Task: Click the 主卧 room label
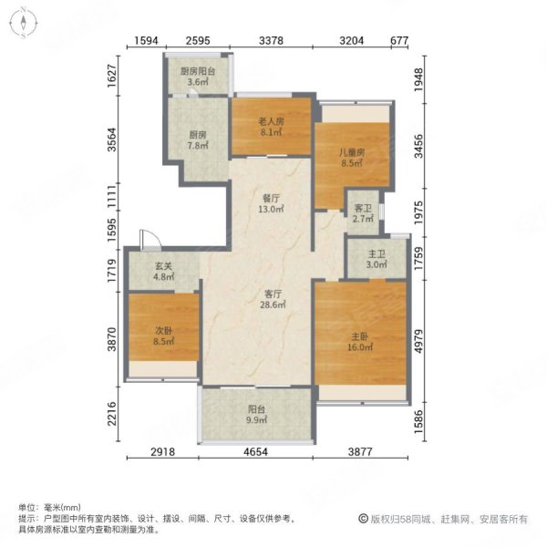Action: coord(357,335)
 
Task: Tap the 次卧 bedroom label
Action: coord(163,329)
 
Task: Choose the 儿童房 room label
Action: coord(352,152)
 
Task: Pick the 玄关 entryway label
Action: coord(163,266)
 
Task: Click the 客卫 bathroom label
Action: coord(363,208)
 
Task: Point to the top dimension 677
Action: coord(397,40)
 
